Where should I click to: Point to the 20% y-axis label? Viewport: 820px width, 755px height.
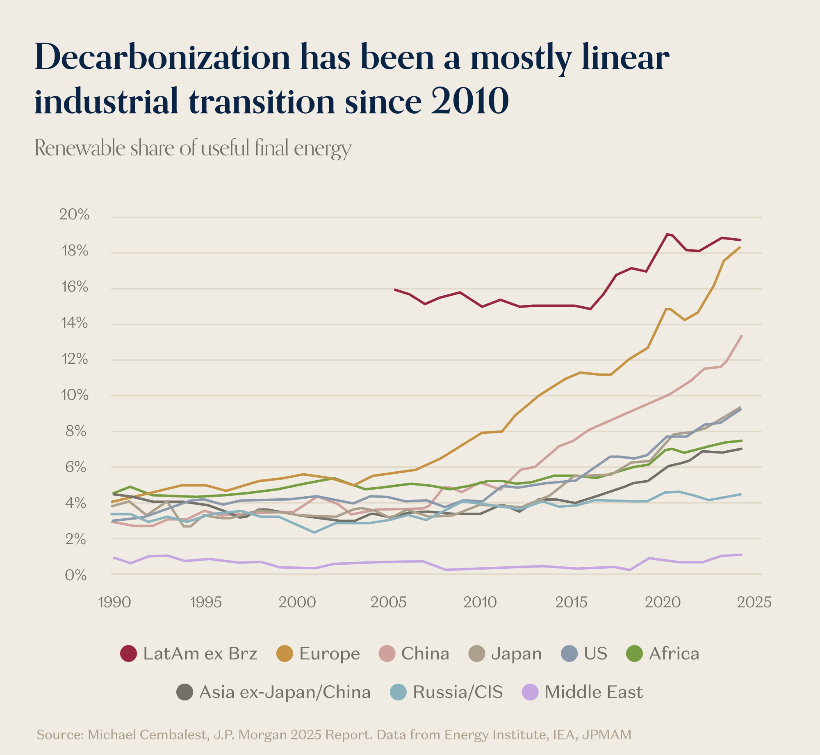point(74,214)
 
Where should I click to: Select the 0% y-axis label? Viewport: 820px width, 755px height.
point(76,575)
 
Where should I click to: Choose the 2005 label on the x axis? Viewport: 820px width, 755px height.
point(388,602)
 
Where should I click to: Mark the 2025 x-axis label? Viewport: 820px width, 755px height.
point(754,602)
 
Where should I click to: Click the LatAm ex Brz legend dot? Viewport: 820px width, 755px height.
point(128,654)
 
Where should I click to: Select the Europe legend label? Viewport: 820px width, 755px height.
point(329,654)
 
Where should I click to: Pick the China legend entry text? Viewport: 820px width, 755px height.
point(425,654)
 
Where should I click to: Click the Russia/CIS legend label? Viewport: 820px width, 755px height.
point(458,692)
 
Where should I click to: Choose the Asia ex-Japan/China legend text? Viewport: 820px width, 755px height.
point(285,692)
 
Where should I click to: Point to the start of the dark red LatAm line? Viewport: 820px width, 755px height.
point(395,290)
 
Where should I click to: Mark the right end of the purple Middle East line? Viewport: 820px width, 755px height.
point(742,554)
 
